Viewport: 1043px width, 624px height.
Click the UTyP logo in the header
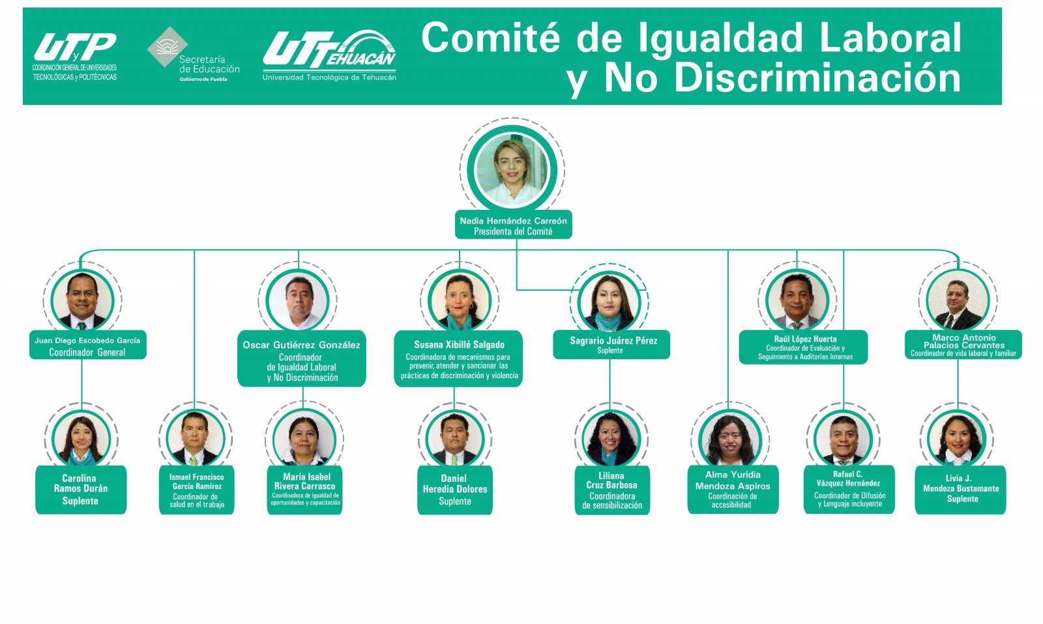point(74,56)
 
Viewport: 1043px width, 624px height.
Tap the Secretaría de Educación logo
point(193,55)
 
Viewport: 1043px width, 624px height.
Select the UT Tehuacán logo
point(329,55)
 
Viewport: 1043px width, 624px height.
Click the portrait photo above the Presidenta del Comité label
point(512,171)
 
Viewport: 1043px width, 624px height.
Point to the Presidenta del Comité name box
point(513,225)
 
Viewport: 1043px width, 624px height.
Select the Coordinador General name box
point(87,346)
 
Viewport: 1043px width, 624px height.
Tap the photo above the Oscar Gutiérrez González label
point(297,301)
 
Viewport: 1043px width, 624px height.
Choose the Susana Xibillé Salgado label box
point(459,359)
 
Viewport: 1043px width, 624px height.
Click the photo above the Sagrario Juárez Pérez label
point(609,301)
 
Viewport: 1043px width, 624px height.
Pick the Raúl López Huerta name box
point(804,347)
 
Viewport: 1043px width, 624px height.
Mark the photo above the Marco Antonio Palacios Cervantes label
point(957,301)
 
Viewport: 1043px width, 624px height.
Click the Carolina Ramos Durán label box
point(81,490)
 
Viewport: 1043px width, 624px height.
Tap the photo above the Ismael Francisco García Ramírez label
point(196,438)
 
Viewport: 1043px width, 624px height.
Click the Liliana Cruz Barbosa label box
point(611,490)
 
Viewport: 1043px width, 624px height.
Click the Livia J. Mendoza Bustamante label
point(960,490)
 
